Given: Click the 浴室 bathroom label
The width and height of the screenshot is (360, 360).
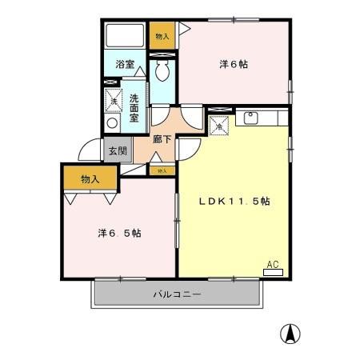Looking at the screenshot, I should tap(124, 64).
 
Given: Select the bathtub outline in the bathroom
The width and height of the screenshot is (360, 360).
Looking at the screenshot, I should tap(126, 36).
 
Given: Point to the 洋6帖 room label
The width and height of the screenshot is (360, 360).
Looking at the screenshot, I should tap(234, 64).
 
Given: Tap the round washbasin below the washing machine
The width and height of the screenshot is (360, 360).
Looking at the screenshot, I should tap(113, 123).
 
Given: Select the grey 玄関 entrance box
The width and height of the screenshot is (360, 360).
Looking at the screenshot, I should tap(117, 150).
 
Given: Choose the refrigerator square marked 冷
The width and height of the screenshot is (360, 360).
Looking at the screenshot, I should tap(219, 124).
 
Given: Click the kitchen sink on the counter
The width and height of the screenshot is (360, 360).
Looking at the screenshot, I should tap(250, 119).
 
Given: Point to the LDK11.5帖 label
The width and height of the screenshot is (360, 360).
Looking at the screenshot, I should tap(234, 202).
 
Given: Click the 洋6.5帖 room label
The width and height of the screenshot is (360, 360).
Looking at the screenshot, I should tap(120, 234).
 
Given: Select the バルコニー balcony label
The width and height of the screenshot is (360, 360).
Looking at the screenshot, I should tap(177, 294).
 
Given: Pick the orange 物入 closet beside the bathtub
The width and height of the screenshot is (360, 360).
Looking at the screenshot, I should tap(162, 36).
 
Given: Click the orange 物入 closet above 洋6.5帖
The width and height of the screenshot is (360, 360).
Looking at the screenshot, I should tap(90, 179).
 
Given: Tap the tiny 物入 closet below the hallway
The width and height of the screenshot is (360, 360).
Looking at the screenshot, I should tap(162, 170).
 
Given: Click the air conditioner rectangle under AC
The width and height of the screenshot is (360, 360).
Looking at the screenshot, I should tap(273, 272).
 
